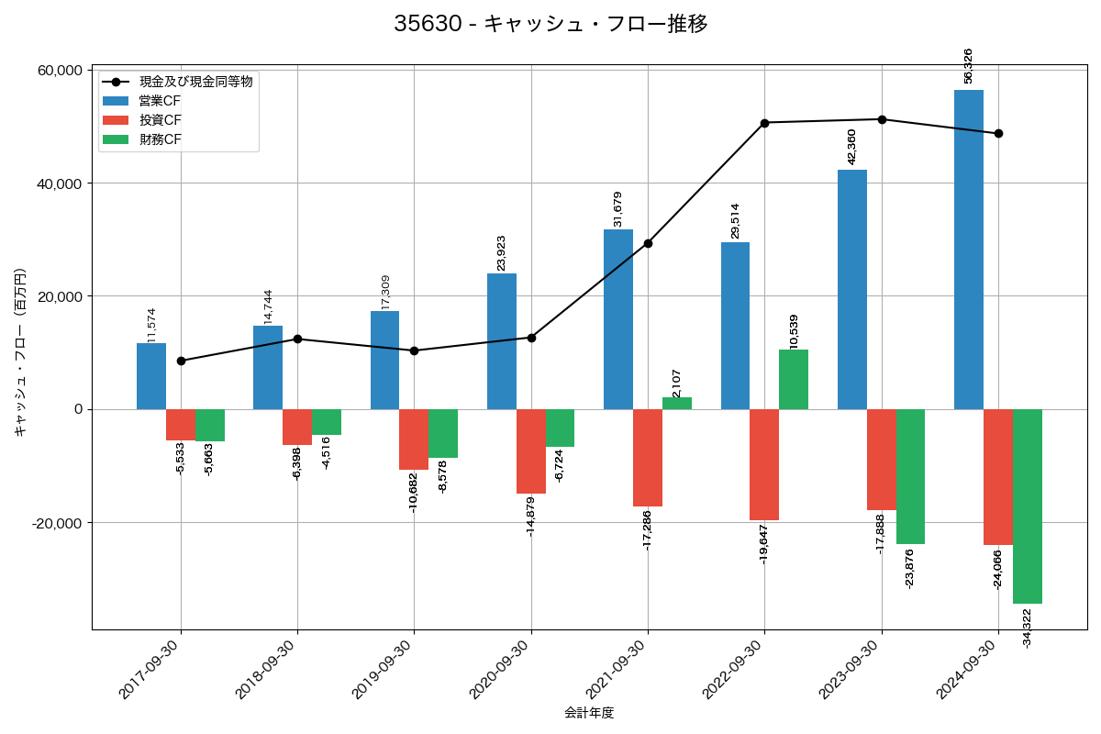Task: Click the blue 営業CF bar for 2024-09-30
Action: (x=969, y=250)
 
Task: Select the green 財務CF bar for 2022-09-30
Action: (x=794, y=380)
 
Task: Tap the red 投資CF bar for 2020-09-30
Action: (x=531, y=451)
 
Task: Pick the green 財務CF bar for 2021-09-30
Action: (x=677, y=404)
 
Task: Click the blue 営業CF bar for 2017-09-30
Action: (x=151, y=376)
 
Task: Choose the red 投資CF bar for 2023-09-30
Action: (x=882, y=460)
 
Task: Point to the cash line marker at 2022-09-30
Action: (x=765, y=123)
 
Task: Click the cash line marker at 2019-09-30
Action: (x=414, y=350)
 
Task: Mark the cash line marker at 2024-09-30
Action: (x=998, y=134)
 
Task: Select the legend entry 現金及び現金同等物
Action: (x=195, y=82)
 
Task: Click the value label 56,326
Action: (x=969, y=66)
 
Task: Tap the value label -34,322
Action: (x=1028, y=628)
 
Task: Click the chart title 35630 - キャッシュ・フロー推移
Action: (x=550, y=24)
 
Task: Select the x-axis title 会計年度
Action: (x=589, y=713)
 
